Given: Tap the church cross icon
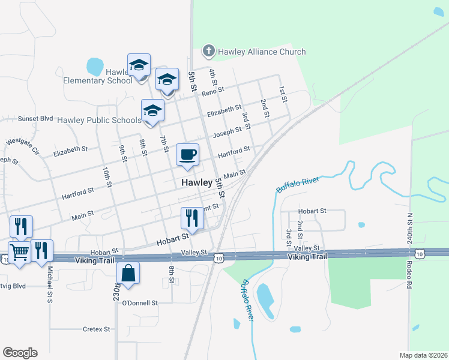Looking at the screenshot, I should tap(208, 51).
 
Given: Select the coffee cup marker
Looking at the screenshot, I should tap(188, 154).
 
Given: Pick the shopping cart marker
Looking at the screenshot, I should tap(19, 251).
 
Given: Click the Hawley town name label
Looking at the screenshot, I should tap(197, 182).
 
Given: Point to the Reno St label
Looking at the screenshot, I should tap(212, 92).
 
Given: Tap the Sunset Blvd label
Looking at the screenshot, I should tap(35, 119).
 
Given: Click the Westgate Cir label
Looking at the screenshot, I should tap(22, 146).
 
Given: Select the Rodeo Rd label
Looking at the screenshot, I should tap(409, 274).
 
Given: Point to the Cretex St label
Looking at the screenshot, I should tap(97, 329).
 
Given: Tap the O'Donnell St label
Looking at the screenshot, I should tap(139, 304).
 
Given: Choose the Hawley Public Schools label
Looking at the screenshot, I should tap(100, 120).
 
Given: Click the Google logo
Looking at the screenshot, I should tap(20, 353).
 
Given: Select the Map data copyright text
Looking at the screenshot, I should tap(423, 355).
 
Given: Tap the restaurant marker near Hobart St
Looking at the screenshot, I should tap(192, 218).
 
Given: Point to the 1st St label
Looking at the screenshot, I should tap(282, 93).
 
